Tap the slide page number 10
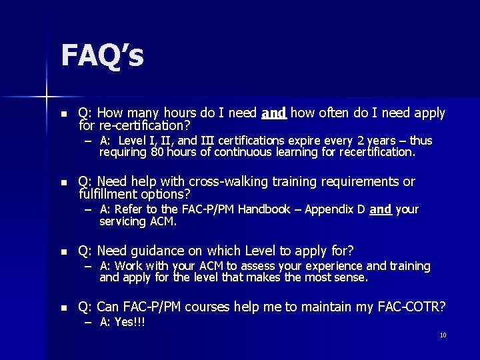pyautogui.click(x=443, y=335)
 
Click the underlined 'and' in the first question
pyautogui.click(x=274, y=113)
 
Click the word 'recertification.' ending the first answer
pyautogui.click(x=377, y=152)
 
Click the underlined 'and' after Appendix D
pyautogui.click(x=380, y=209)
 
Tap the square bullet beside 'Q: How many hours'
pyautogui.click(x=64, y=114)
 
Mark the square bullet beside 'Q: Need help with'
pyautogui.click(x=64, y=183)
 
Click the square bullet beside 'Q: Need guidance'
pyautogui.click(x=64, y=251)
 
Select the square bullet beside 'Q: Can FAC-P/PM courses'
pyautogui.click(x=64, y=307)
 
